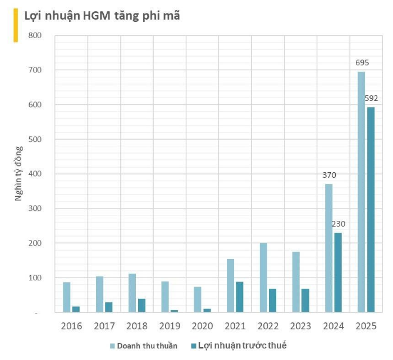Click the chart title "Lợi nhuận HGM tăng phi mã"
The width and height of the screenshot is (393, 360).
[102, 16]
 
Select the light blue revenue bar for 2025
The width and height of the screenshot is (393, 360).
[361, 191]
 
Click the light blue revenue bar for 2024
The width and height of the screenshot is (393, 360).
[328, 247]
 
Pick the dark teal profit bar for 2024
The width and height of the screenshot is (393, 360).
[338, 272]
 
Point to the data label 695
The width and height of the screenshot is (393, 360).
[362, 62]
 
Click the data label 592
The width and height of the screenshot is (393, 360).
[371, 98]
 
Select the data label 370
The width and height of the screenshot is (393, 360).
[329, 175]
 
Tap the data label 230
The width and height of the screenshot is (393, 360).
[338, 224]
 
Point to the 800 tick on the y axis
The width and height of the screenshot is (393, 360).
[35, 35]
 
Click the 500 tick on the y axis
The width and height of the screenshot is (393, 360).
[35, 139]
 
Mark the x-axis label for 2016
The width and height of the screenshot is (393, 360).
[71, 326]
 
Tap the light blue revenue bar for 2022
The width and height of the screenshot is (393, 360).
[263, 277]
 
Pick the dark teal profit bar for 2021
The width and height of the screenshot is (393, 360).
[240, 297]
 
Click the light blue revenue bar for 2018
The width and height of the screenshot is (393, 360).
[132, 292]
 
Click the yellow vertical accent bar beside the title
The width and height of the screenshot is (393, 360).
[16, 26]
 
